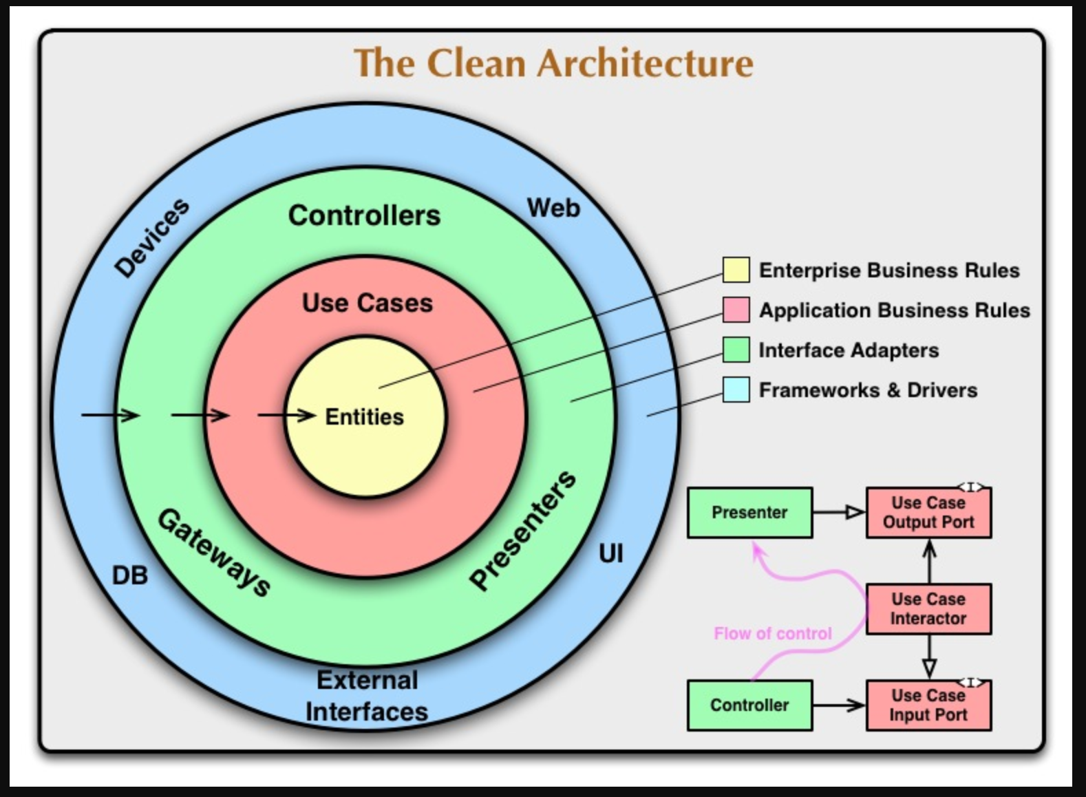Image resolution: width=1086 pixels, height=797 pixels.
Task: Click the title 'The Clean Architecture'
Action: (x=553, y=63)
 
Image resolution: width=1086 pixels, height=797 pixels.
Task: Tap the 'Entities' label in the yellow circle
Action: (x=364, y=417)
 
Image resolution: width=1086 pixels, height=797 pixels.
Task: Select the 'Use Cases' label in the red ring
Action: (x=368, y=303)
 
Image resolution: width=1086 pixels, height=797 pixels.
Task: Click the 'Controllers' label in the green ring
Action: (x=364, y=215)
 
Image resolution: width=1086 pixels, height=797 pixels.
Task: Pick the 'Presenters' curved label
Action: (x=523, y=530)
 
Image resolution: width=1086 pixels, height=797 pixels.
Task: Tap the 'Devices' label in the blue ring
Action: (x=151, y=237)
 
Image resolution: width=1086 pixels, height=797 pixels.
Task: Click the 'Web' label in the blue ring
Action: (x=553, y=207)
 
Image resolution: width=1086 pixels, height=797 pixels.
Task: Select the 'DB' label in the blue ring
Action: (x=129, y=575)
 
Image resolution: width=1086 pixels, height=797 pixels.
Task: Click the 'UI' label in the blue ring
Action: (x=610, y=553)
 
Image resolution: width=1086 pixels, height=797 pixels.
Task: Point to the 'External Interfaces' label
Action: (x=367, y=696)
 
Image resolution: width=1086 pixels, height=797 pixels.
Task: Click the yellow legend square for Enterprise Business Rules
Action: (x=736, y=270)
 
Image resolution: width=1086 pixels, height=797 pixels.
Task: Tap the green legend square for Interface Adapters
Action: (x=736, y=350)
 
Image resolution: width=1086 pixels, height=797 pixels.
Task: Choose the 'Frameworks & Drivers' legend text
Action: (x=868, y=390)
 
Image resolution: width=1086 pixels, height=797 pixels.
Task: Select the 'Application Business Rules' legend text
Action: (x=894, y=310)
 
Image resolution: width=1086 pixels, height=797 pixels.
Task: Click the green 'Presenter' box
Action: (x=749, y=513)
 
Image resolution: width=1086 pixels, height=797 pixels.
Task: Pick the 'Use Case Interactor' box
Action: (x=928, y=609)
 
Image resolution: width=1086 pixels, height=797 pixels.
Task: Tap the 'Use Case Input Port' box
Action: (x=928, y=705)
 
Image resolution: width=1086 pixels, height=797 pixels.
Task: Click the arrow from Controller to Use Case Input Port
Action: (x=839, y=705)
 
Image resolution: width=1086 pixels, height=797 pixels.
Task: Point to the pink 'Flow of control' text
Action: (x=773, y=633)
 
